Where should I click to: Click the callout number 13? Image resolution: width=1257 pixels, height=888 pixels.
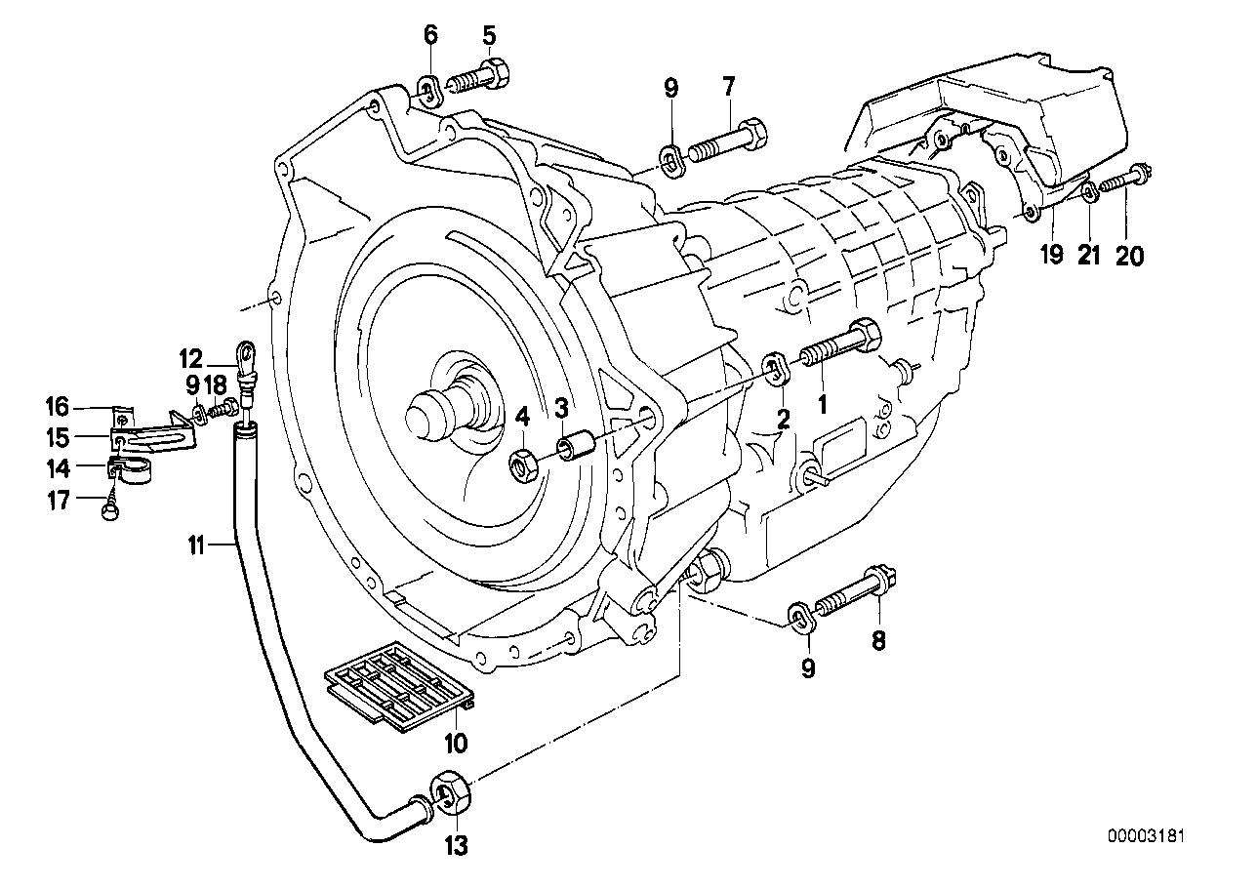click(x=456, y=845)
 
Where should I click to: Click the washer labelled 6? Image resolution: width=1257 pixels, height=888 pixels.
click(x=426, y=89)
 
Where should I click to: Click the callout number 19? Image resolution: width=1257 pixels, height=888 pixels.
click(x=1050, y=255)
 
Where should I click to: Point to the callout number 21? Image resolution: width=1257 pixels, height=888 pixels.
click(x=1089, y=255)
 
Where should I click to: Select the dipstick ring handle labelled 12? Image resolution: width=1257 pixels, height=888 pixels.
click(x=247, y=353)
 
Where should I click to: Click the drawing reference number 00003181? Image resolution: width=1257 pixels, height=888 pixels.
click(x=1146, y=836)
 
